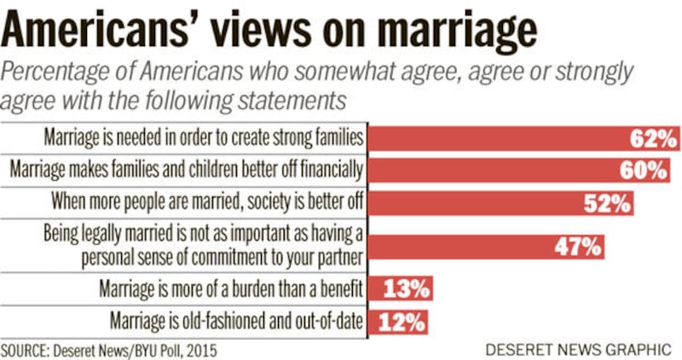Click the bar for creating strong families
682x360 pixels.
(511, 137)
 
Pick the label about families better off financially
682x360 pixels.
(187, 171)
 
